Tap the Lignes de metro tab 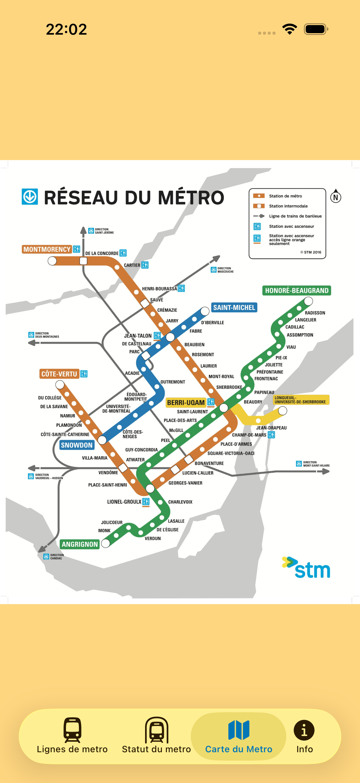tap(72, 736)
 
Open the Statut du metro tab tap(156, 736)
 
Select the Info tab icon tap(304, 736)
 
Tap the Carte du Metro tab tap(239, 736)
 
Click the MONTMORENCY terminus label tap(47, 249)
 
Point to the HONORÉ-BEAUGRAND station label tap(296, 290)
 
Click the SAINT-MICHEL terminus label tap(234, 307)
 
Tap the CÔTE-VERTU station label tap(59, 374)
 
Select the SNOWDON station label tap(76, 445)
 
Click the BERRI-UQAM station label tap(186, 403)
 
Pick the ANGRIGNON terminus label tap(80, 544)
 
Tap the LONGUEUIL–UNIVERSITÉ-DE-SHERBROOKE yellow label tap(300, 400)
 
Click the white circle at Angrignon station tap(105, 543)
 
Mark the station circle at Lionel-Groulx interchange tap(150, 489)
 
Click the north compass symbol tap(336, 197)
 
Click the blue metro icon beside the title tap(30, 197)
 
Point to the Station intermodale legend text tap(288, 206)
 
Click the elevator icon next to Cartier tap(145, 265)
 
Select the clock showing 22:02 tap(66, 30)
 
